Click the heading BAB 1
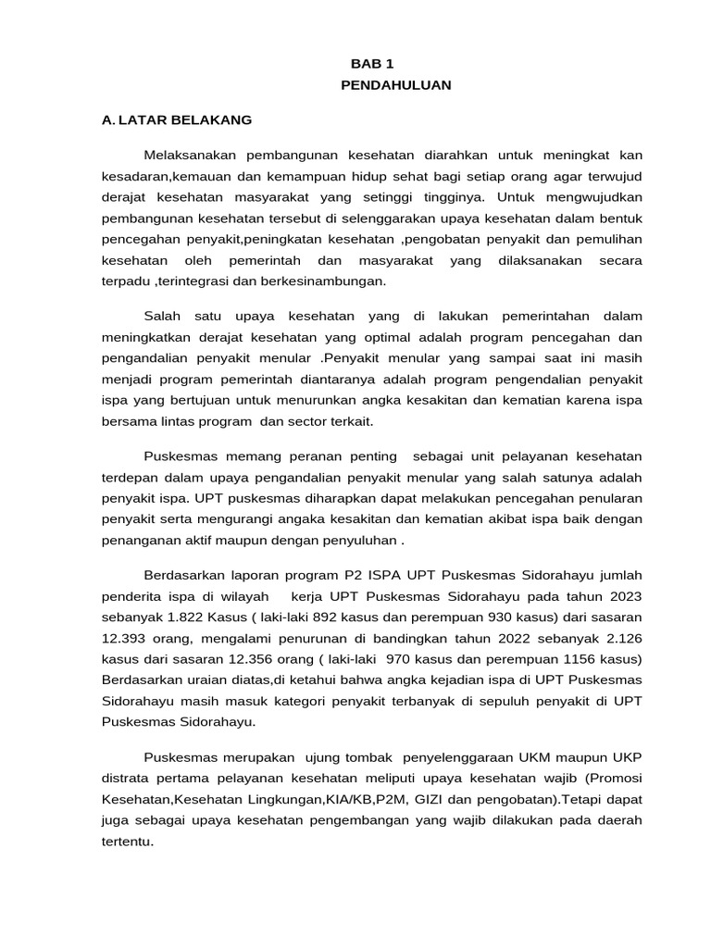[x=371, y=64]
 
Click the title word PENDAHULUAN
[x=395, y=85]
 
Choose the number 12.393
[x=126, y=639]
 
